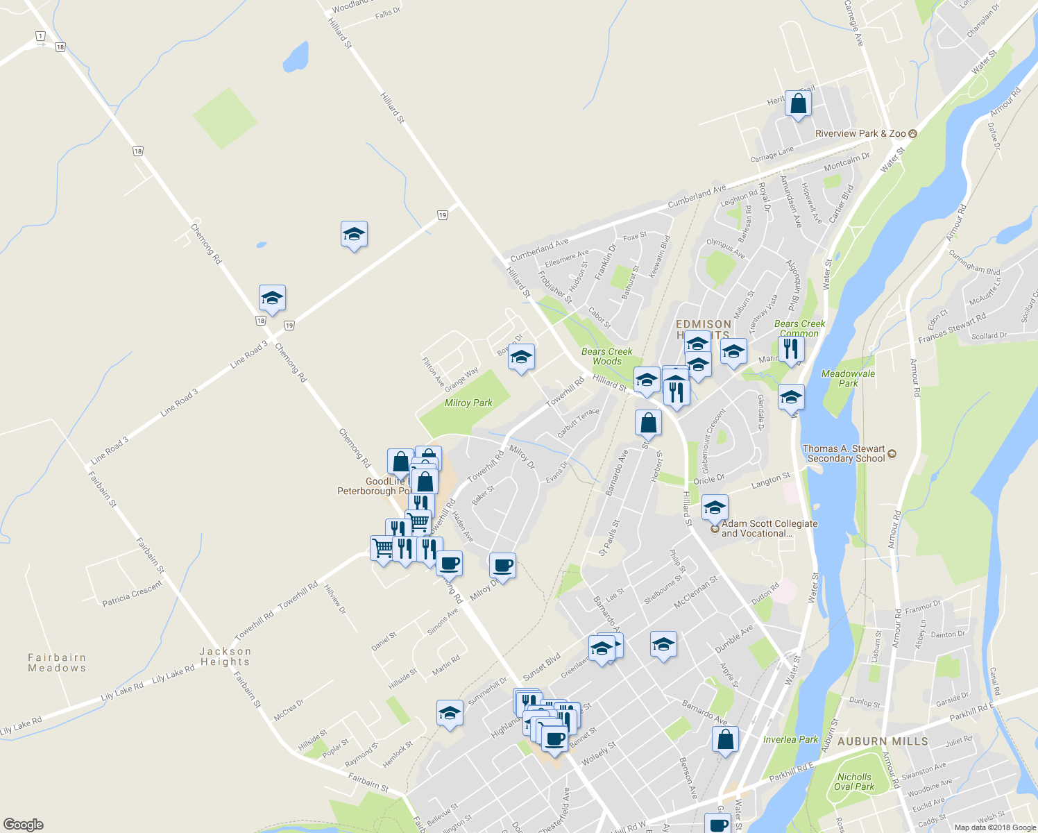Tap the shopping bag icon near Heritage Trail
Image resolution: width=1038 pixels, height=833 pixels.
pos(798,104)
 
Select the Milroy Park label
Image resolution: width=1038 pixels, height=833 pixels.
pos(468,403)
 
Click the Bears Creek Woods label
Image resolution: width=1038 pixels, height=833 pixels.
pos(607,356)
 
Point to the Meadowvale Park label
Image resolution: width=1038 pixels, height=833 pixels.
pos(848,378)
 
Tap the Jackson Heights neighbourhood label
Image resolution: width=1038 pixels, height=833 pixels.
pos(225,656)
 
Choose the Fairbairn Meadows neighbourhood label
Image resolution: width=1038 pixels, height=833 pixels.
pos(57,662)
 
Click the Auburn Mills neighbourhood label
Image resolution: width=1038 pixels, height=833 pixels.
pos(883,741)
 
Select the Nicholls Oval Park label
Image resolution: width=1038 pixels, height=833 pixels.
pos(854,782)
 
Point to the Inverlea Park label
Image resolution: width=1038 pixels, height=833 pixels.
pos(790,739)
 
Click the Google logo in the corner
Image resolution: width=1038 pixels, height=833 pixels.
pos(24,824)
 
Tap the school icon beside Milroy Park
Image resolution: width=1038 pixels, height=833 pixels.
pos(521,357)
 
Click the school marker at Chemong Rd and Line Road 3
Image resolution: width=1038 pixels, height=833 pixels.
pos(272,298)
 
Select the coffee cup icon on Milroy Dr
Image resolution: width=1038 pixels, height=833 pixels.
pos(502,566)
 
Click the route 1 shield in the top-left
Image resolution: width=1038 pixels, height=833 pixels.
pos(41,36)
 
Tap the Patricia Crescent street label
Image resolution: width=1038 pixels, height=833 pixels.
pos(132,593)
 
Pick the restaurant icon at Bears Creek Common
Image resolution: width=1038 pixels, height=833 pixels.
pos(791,348)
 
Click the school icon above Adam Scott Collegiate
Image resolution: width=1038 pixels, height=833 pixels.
pos(714,507)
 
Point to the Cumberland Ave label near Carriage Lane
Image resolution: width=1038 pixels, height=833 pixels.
pos(697,196)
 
